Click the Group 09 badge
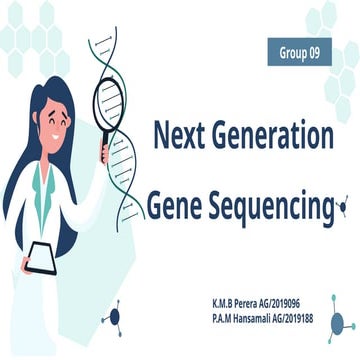(299, 51)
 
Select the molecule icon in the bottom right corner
(341, 321)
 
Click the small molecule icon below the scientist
(113, 318)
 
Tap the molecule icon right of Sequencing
(342, 208)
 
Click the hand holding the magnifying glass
(104, 152)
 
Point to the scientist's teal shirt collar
(42, 185)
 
